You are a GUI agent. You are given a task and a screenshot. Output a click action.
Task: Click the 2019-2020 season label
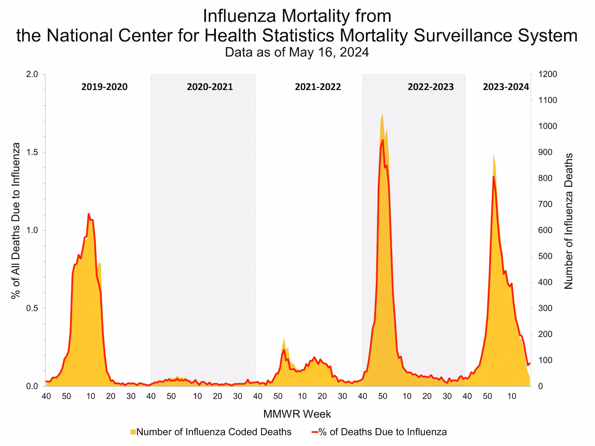click(104, 87)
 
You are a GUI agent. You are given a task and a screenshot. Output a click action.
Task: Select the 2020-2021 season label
click(210, 87)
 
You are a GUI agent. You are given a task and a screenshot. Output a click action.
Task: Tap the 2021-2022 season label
click(318, 87)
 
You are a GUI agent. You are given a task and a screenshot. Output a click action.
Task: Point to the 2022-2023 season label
click(431, 87)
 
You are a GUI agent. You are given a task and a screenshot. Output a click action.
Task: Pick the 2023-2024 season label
click(506, 87)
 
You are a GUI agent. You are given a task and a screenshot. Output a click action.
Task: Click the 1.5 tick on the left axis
click(32, 152)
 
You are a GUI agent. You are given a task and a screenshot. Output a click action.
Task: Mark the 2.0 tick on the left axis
click(32, 74)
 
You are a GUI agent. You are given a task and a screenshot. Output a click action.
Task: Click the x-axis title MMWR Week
click(297, 414)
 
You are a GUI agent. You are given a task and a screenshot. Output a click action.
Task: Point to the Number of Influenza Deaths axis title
click(568, 221)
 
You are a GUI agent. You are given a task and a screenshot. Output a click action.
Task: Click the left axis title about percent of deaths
click(16, 221)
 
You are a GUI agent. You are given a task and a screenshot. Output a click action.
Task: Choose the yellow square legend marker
click(133, 432)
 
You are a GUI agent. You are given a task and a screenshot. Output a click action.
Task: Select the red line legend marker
click(315, 432)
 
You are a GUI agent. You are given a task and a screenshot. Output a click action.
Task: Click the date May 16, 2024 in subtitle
click(329, 52)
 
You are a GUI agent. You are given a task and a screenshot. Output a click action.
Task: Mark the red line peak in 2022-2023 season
click(383, 140)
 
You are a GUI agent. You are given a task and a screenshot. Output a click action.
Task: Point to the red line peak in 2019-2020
click(89, 214)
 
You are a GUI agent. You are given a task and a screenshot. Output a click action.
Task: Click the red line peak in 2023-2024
click(494, 177)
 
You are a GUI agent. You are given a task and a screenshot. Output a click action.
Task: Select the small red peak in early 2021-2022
click(284, 350)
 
